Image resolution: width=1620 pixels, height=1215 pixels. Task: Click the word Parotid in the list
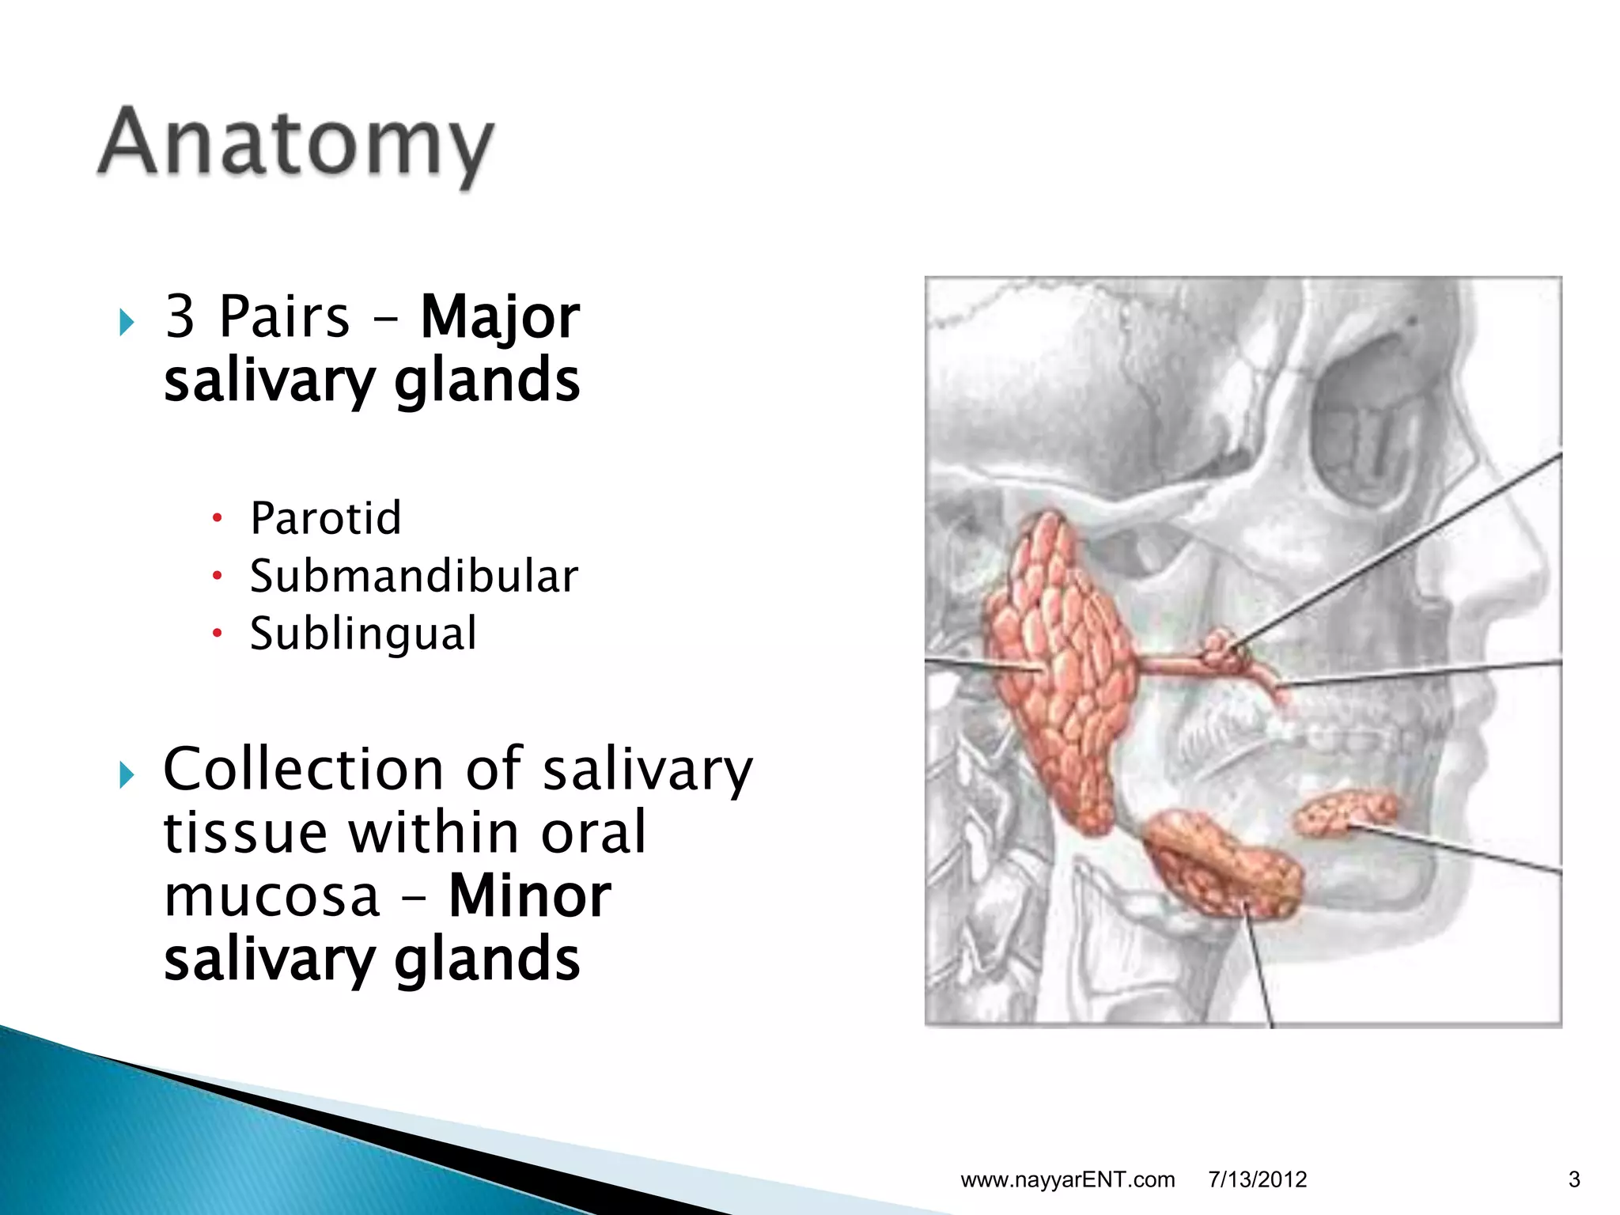tap(326, 518)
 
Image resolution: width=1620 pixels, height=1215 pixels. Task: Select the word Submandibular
tap(414, 576)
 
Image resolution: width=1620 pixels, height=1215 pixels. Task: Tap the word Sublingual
tap(363, 634)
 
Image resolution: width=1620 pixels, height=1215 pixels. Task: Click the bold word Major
tap(500, 317)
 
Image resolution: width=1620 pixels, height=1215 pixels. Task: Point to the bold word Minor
tap(529, 896)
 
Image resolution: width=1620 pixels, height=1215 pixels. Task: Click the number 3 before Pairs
tap(180, 316)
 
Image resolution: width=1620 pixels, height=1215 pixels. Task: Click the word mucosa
tap(272, 896)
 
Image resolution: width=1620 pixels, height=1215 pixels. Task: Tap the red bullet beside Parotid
tap(218, 519)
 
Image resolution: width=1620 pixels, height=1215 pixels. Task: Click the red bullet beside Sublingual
tap(218, 634)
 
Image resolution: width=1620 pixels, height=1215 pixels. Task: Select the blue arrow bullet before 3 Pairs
tap(127, 322)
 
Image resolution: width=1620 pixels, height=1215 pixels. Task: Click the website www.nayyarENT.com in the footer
tap(1067, 1179)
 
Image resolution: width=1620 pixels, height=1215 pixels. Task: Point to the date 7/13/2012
tap(1257, 1179)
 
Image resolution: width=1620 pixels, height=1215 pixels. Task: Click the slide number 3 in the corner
tap(1573, 1179)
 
